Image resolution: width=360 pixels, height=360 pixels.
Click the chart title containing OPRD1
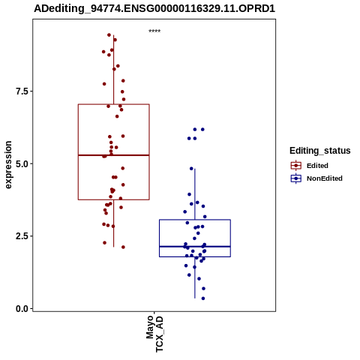coord(154,8)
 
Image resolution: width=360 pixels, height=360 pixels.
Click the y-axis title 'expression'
coord(8,165)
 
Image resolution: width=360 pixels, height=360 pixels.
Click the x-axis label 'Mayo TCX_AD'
coord(154,334)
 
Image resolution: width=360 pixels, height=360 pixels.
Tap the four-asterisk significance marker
coord(154,31)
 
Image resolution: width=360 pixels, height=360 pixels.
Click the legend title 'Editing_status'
coord(319,151)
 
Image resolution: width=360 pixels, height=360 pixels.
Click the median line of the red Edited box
coord(114,155)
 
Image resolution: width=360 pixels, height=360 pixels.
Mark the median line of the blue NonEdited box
coord(195,247)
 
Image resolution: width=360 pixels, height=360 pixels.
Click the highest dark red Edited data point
coord(109,35)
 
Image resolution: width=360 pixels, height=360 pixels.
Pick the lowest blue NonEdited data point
coord(203,298)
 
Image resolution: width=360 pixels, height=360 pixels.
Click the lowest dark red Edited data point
coord(123,247)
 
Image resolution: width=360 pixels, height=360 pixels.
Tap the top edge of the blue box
coord(195,220)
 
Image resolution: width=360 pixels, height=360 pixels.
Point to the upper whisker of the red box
coord(114,70)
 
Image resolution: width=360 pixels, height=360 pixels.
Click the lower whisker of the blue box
coord(195,277)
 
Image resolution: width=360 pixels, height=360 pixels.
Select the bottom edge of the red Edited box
coord(114,199)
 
